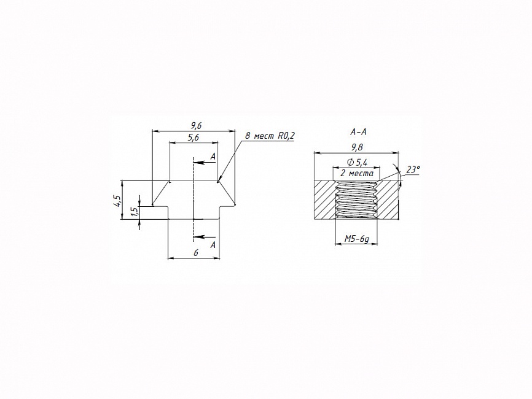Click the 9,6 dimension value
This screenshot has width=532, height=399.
tap(196, 126)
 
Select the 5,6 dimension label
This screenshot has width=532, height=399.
tap(193, 138)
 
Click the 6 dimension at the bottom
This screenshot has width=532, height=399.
tap(195, 253)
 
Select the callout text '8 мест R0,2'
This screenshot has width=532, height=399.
tap(270, 136)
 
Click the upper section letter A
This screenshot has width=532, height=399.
tap(213, 157)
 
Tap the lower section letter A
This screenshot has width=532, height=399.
tap(213, 245)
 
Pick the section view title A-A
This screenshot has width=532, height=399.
tap(358, 132)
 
